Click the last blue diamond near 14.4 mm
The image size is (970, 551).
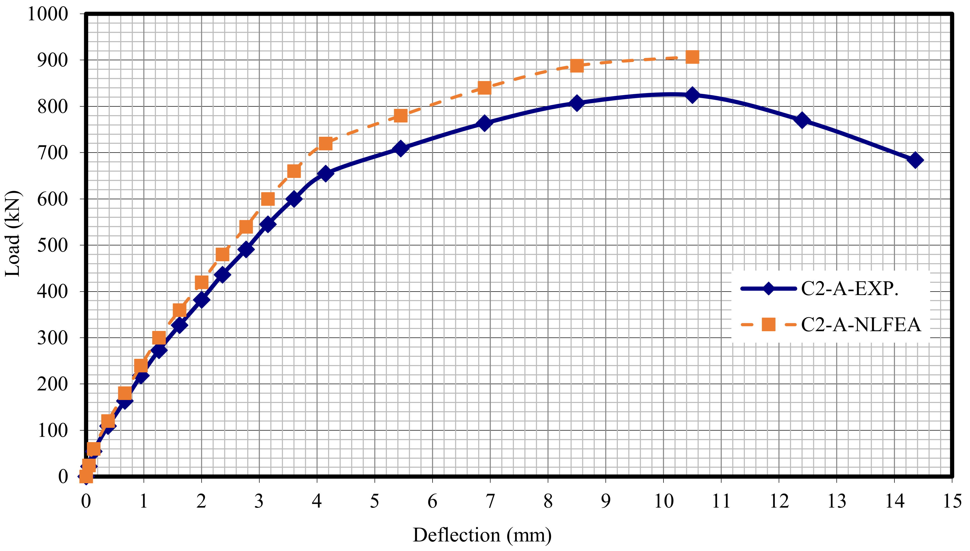tap(915, 160)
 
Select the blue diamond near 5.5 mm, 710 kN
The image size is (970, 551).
tap(400, 148)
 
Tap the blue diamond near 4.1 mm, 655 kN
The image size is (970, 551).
tap(325, 173)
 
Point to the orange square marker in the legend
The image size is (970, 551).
tap(768, 324)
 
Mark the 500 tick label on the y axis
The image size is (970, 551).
tap(52, 245)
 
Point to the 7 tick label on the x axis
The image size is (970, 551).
tap(490, 501)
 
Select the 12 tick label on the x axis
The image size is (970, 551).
tap(779, 501)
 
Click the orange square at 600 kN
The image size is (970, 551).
tap(268, 199)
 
